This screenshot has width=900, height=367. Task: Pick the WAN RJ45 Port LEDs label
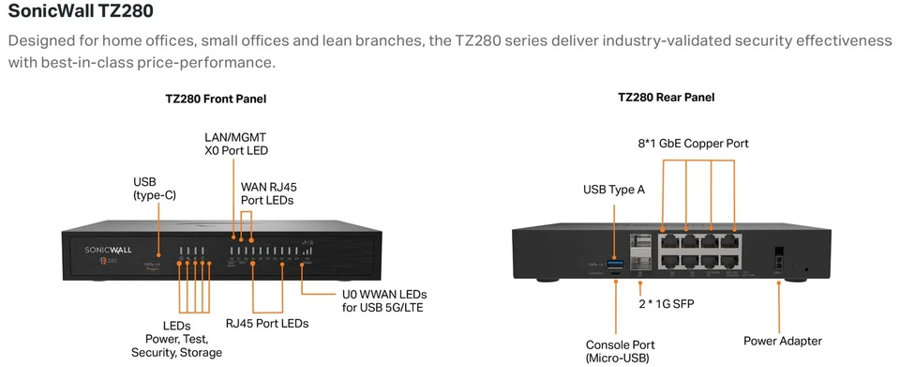point(268,193)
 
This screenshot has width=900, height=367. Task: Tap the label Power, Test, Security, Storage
point(176,344)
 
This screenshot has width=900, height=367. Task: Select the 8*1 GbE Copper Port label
point(692,144)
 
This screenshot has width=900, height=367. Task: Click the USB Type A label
point(614,190)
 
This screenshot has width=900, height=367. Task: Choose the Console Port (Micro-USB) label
point(618,350)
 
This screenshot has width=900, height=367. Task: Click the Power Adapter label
point(782,341)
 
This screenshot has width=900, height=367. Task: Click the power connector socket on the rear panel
point(777,255)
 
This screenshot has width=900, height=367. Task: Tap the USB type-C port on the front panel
point(159,251)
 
